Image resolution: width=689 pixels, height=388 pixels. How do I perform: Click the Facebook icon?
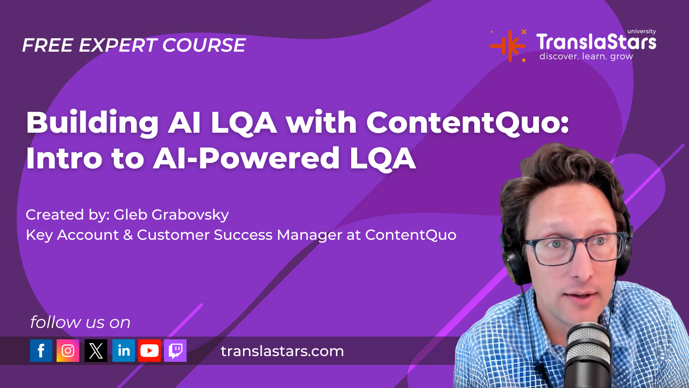[x=41, y=351]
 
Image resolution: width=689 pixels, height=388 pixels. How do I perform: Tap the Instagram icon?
[x=68, y=351]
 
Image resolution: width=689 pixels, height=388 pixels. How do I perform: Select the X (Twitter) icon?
[x=96, y=351]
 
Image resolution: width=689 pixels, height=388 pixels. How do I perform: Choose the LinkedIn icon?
[x=124, y=351]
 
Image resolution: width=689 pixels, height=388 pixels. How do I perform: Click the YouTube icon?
[x=150, y=351]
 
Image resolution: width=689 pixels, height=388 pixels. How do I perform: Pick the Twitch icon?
[x=175, y=351]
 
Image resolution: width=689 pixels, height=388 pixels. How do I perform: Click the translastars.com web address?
[x=282, y=351]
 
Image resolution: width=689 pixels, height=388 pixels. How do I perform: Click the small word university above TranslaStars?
[x=642, y=31]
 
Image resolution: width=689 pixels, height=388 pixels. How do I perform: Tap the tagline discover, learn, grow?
[x=586, y=56]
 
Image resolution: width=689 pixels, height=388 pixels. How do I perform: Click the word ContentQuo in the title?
[x=467, y=123]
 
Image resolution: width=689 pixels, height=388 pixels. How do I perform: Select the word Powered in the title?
[x=270, y=158]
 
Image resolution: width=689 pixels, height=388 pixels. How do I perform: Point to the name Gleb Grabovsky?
[x=171, y=215]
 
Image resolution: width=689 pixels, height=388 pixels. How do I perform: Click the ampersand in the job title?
[x=128, y=235]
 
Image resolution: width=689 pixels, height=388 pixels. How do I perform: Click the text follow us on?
[x=80, y=322]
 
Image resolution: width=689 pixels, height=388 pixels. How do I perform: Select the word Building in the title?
[x=92, y=123]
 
